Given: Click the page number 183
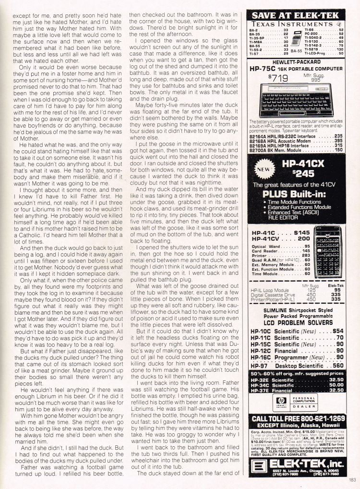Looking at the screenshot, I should (352, 478).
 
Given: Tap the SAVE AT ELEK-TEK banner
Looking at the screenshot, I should (298, 15).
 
